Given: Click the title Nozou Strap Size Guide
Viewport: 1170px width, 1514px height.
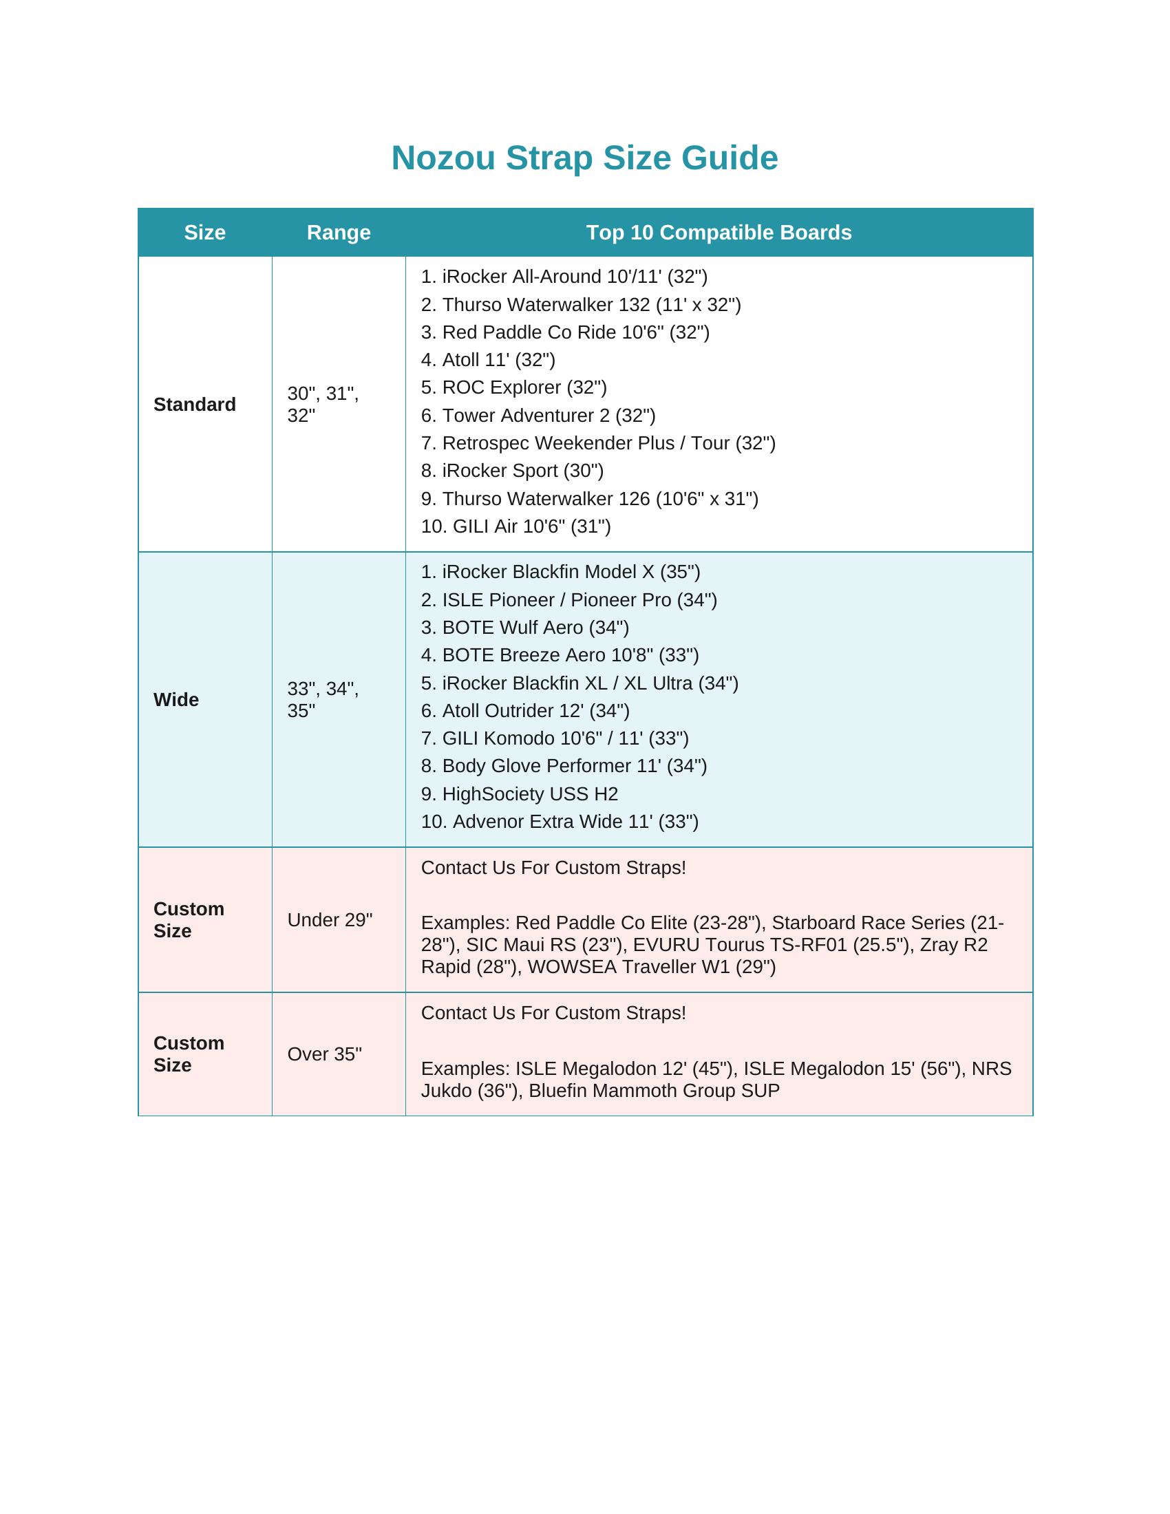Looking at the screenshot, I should (x=584, y=158).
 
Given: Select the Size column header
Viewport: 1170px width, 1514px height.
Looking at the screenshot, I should (x=204, y=232).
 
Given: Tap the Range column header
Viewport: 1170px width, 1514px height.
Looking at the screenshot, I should (x=338, y=232).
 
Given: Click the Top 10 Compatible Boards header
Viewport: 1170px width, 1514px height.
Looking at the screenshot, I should (x=719, y=232).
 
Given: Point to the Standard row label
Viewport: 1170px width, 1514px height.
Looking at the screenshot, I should (x=195, y=404).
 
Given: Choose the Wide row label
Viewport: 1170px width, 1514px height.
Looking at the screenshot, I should (x=176, y=699).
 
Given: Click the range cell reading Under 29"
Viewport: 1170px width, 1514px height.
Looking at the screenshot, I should (x=330, y=920).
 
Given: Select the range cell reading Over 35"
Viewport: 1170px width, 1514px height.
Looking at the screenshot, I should (x=324, y=1054).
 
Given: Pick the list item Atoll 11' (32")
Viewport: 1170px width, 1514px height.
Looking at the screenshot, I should (x=488, y=360).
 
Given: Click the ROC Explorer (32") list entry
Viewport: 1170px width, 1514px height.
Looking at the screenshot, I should (x=513, y=387).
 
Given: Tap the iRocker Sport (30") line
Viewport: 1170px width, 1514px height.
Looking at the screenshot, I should (x=512, y=471).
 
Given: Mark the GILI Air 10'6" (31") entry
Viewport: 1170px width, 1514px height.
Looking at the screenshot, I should (x=515, y=526).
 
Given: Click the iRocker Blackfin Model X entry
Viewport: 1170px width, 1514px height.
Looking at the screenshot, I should (x=560, y=572).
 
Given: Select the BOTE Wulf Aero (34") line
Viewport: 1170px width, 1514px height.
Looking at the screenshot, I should (x=524, y=628).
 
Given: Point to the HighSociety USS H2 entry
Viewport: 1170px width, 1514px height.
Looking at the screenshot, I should (x=519, y=793).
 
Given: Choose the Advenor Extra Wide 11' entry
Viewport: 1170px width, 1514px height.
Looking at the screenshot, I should (x=560, y=822).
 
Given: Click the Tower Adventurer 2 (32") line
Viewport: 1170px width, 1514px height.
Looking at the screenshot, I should (x=538, y=415).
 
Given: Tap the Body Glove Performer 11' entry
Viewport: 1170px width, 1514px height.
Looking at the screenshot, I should (x=564, y=766).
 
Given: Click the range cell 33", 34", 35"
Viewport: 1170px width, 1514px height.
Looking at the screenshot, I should (x=323, y=699).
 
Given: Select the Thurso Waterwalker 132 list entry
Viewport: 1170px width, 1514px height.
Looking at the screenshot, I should (x=581, y=304).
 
